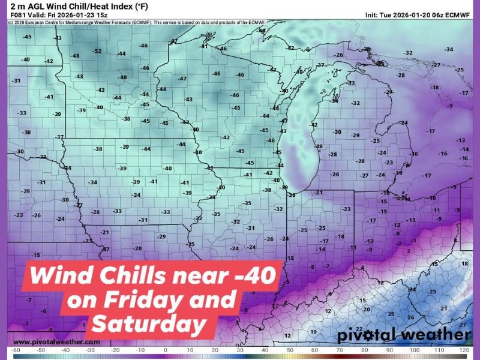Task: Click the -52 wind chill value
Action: click(x=97, y=51)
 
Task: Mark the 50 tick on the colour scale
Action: click(x=290, y=349)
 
